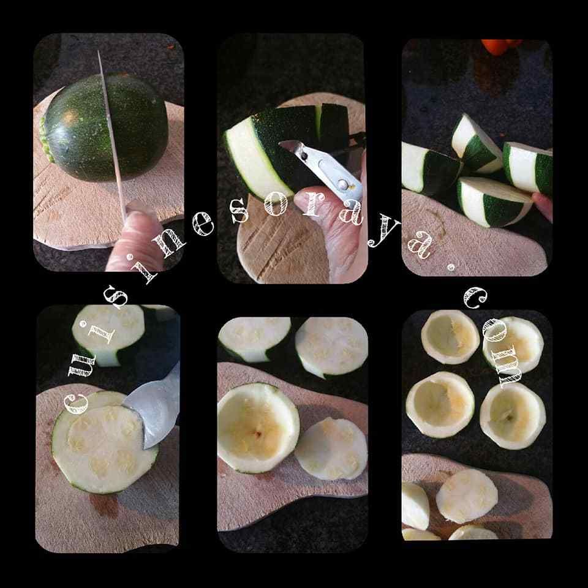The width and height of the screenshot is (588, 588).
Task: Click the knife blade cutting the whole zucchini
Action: coord(111,139)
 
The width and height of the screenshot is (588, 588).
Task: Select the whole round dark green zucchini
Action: coord(105,127)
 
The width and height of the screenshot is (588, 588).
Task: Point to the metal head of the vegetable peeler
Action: coord(323,169)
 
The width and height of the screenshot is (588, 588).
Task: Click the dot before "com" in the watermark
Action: coord(451,268)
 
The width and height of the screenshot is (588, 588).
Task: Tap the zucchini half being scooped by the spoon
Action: coord(104,442)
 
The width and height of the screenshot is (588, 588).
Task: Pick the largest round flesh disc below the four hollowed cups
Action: coord(467,496)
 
